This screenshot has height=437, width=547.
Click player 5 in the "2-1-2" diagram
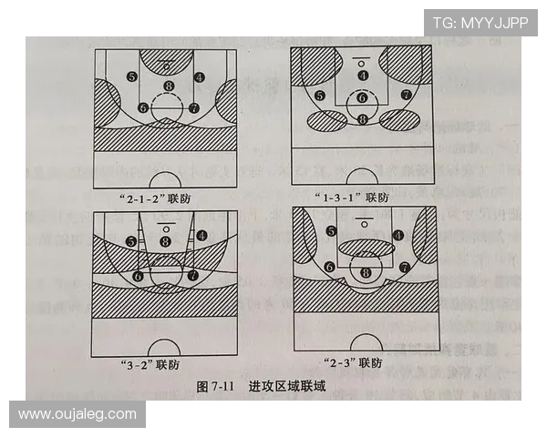click(x=133, y=77)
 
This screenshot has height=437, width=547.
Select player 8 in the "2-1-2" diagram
click(x=168, y=86)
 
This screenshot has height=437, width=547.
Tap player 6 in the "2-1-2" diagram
click(x=142, y=107)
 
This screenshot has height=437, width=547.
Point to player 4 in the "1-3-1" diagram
click(x=363, y=76)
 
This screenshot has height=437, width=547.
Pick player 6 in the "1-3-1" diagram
click(x=363, y=97)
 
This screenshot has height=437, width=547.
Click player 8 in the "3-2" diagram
click(x=165, y=240)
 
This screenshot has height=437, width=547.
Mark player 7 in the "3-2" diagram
click(x=193, y=274)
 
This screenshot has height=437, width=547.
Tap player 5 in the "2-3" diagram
click(x=331, y=231)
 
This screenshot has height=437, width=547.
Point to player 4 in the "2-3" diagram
click(x=398, y=234)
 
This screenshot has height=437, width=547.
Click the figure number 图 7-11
click(x=215, y=386)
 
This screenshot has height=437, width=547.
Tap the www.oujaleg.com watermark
click(x=77, y=414)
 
